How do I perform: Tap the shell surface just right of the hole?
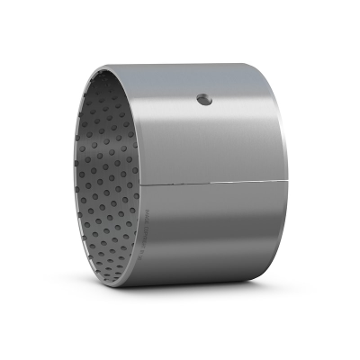[x=220, y=99]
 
